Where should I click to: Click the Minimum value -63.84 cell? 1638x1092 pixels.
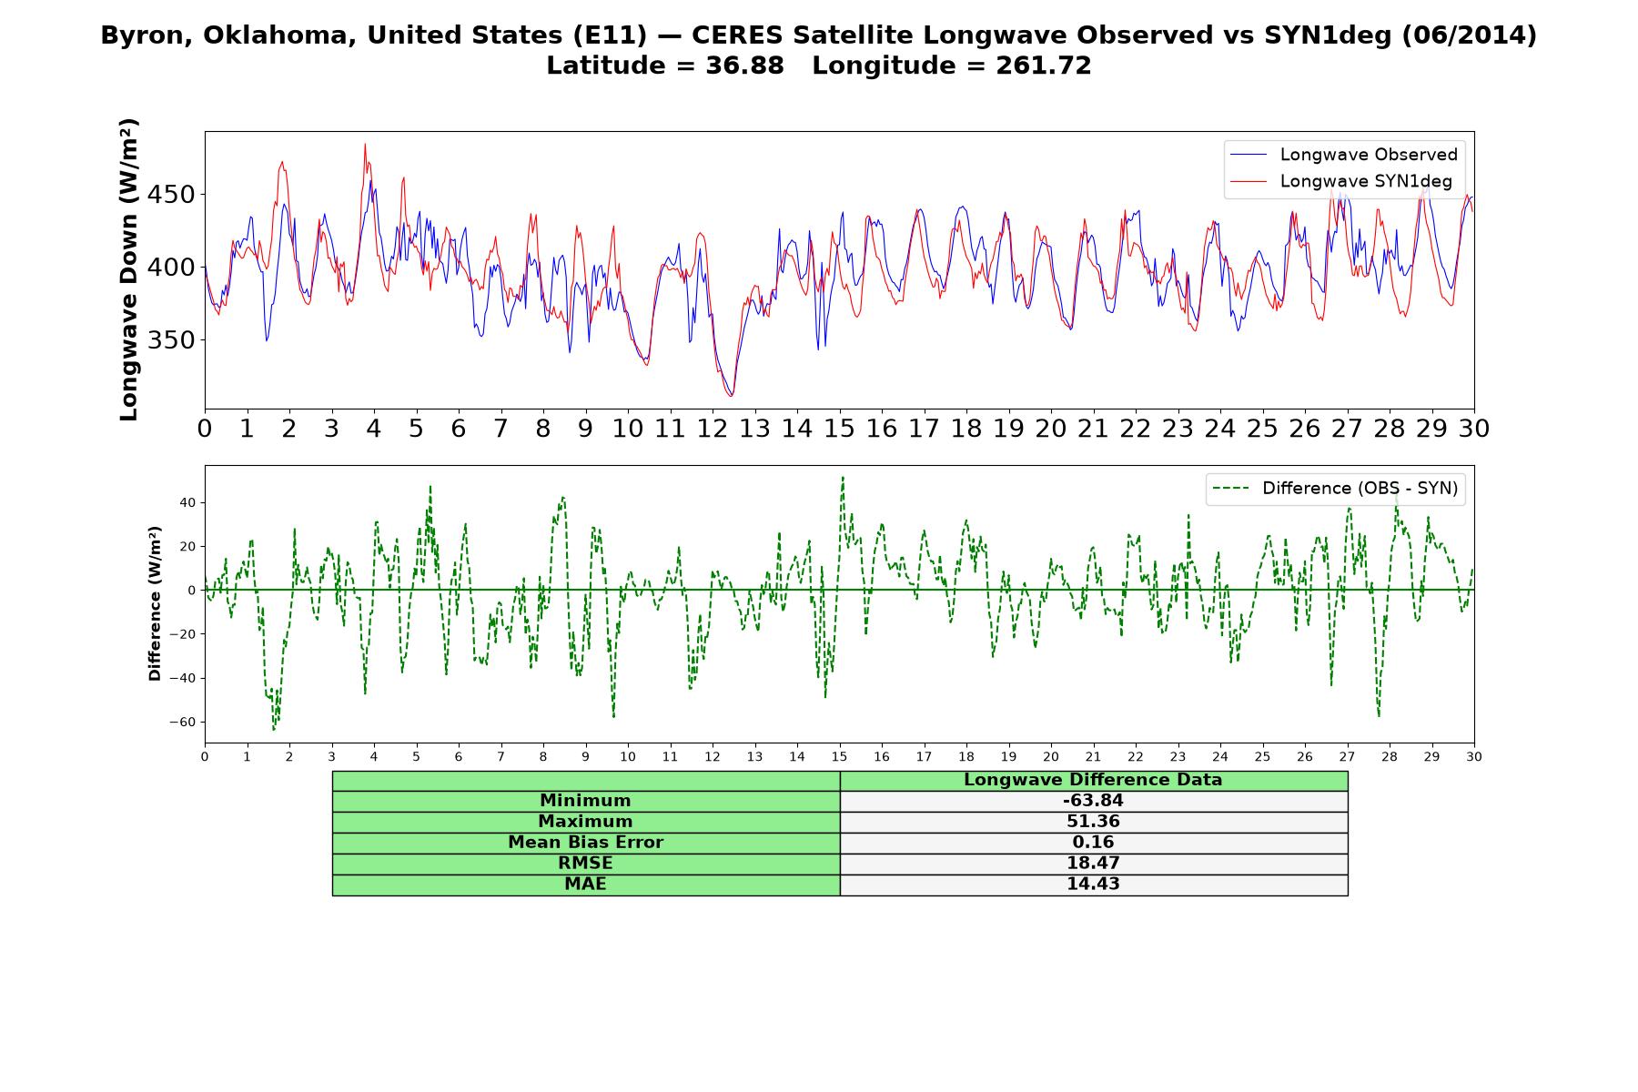click(x=1093, y=801)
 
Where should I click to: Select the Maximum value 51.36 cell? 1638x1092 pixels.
click(x=1093, y=822)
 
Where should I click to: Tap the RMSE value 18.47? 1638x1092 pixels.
click(x=1093, y=864)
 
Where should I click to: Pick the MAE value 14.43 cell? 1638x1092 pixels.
click(x=1093, y=885)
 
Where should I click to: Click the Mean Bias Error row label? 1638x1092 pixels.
click(x=585, y=843)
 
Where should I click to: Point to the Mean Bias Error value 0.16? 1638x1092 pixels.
click(x=1093, y=843)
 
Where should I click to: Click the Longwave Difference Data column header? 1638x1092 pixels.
click(x=1093, y=780)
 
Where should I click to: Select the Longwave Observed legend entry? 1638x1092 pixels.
click(x=1344, y=155)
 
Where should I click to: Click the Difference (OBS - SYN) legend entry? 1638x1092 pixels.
click(x=1335, y=489)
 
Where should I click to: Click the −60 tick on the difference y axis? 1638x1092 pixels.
click(x=184, y=723)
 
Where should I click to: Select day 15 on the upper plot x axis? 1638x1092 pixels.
click(x=839, y=429)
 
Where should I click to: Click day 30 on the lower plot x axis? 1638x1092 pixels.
click(x=1474, y=757)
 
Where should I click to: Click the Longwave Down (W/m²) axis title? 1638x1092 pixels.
click(x=129, y=269)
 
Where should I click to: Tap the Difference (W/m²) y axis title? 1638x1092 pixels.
click(x=155, y=604)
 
